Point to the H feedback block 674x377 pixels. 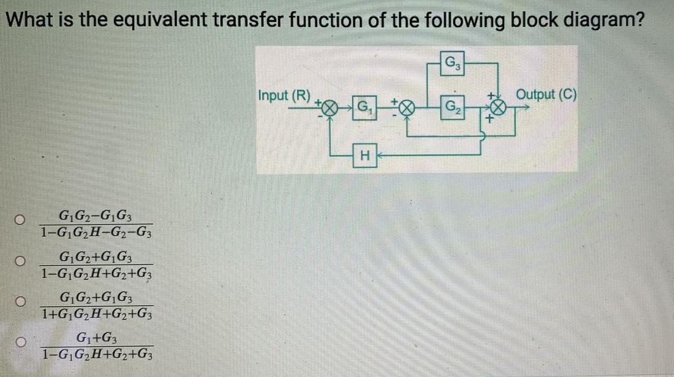click(x=364, y=157)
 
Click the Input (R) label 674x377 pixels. click(x=284, y=96)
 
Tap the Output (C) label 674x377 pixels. click(x=547, y=95)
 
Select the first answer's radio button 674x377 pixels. click(x=20, y=220)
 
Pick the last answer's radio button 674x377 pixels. click(x=20, y=341)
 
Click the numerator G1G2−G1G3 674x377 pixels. click(x=97, y=216)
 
